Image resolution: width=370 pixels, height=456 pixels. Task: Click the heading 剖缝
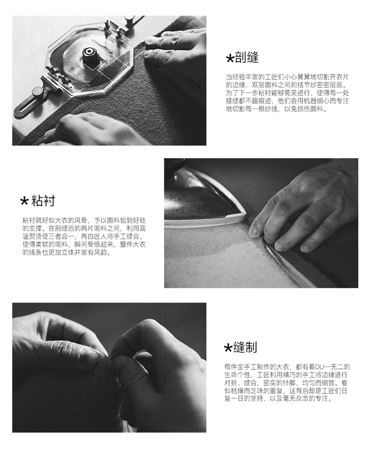pos(246,58)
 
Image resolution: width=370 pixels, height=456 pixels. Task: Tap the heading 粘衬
pos(43,201)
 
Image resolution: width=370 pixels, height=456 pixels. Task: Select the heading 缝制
pos(245,347)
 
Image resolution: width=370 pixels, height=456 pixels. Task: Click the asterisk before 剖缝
pos(229,59)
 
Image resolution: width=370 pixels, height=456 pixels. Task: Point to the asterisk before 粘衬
pos(24,201)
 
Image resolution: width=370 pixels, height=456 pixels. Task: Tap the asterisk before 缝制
pos(228,348)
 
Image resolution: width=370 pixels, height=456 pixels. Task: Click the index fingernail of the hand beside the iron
pos(253,232)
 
